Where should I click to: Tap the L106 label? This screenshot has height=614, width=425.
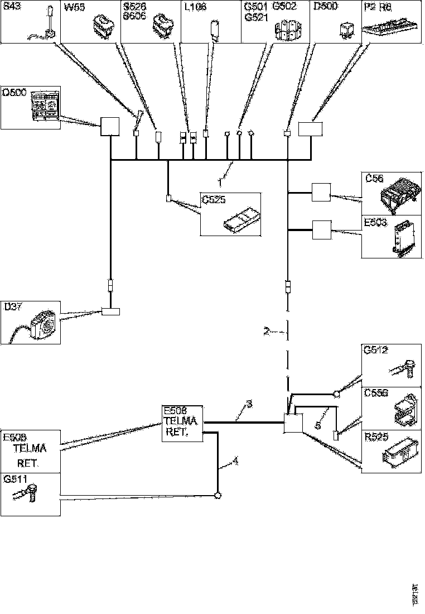click(195, 8)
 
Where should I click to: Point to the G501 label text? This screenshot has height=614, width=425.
click(255, 8)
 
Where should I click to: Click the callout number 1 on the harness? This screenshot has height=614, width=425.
click(220, 182)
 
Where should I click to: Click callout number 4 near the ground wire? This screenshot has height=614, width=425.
click(235, 461)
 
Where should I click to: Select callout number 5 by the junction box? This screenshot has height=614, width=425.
click(317, 425)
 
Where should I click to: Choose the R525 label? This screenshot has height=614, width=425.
click(376, 437)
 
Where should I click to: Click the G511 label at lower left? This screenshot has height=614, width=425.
click(15, 479)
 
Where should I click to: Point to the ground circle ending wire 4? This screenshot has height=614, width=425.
click(218, 495)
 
